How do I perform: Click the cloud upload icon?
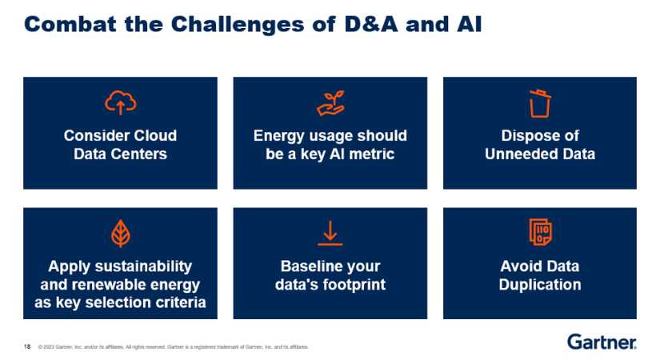point(120,102)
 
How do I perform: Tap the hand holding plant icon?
point(330,102)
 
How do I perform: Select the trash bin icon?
point(540,103)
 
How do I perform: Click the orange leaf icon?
point(120,233)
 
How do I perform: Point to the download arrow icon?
point(330,233)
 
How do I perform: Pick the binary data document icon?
point(540,232)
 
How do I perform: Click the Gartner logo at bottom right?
point(602,342)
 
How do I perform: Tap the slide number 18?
point(27,346)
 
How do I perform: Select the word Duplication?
point(540,284)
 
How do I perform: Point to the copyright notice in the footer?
point(173,347)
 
